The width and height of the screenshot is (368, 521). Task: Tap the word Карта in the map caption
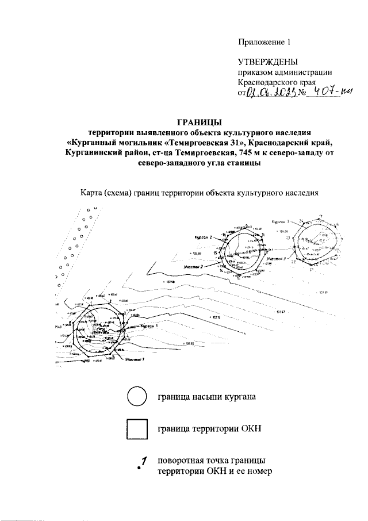[93, 193]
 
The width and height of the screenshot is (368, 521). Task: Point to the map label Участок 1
[135, 359]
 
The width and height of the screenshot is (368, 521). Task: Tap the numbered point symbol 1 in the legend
[142, 465]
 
